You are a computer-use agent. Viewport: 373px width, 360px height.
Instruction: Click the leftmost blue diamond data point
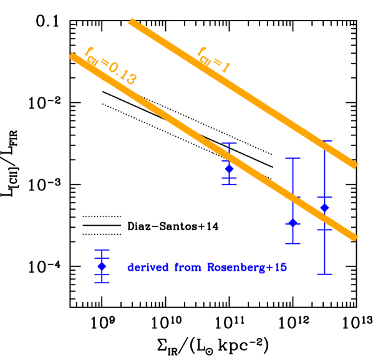coord(229,168)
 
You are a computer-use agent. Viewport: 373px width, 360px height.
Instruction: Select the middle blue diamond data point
coord(293,223)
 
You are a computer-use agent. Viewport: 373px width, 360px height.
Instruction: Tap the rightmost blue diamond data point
coord(324,207)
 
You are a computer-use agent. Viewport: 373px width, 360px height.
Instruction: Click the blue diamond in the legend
coord(102,266)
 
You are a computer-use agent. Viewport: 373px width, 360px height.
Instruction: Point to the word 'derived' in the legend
coord(147,267)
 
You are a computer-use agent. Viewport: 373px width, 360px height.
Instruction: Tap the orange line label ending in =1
coord(213,60)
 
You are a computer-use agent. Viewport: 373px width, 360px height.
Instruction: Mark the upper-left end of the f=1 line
coord(130,22)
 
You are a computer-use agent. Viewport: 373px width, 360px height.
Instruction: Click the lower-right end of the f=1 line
coord(356,165)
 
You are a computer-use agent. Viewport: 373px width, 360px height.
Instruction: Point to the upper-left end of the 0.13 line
coord(70,56)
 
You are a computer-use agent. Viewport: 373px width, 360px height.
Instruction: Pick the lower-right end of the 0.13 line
coord(356,238)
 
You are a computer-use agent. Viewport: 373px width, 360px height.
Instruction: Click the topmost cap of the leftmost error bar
coord(229,144)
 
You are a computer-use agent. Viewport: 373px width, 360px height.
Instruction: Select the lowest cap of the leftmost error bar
coord(229,184)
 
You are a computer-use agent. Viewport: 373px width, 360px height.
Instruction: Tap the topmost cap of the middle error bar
coord(293,158)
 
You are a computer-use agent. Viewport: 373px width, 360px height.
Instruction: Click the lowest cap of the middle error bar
coord(293,243)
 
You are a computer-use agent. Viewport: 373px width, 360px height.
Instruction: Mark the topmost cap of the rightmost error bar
coord(324,141)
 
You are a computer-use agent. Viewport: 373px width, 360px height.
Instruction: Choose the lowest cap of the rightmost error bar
coord(324,274)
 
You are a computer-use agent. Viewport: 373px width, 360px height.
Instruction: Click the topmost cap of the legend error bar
coord(102,250)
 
